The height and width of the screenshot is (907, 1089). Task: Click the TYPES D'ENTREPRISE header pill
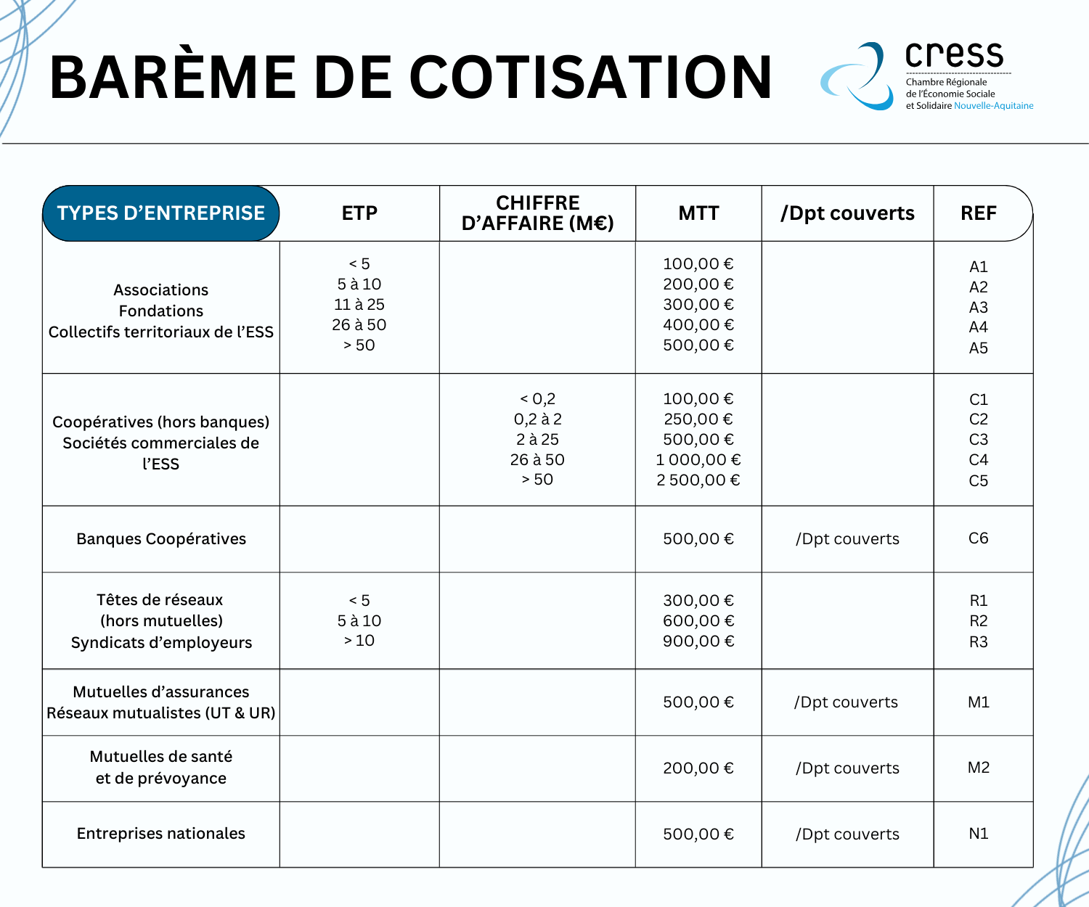click(x=161, y=213)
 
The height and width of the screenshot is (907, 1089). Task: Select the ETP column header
click(x=359, y=213)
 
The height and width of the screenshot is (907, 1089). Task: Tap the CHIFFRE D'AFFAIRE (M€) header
click(x=537, y=213)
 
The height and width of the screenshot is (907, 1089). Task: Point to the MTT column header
click(x=698, y=213)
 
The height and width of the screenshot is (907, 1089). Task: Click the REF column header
click(x=978, y=213)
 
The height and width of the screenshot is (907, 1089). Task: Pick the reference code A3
click(x=978, y=307)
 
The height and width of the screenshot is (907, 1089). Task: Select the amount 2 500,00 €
click(x=698, y=480)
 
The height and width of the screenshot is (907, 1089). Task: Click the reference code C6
click(x=978, y=538)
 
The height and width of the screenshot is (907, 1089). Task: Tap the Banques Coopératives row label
click(x=161, y=539)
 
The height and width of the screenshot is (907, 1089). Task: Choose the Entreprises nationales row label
click(x=161, y=834)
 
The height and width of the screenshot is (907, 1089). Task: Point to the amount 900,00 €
click(x=698, y=641)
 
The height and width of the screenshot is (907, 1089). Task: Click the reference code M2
click(x=978, y=768)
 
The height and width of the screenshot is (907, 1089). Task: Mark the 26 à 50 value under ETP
click(x=359, y=325)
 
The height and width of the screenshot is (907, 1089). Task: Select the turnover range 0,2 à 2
click(x=537, y=419)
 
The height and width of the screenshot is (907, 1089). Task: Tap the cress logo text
click(x=954, y=54)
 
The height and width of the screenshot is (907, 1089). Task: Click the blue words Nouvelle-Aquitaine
click(x=993, y=106)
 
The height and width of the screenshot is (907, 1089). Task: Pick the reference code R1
click(x=978, y=601)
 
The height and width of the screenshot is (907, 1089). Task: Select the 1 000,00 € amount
click(x=698, y=460)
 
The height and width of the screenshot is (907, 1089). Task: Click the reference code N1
click(x=978, y=834)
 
